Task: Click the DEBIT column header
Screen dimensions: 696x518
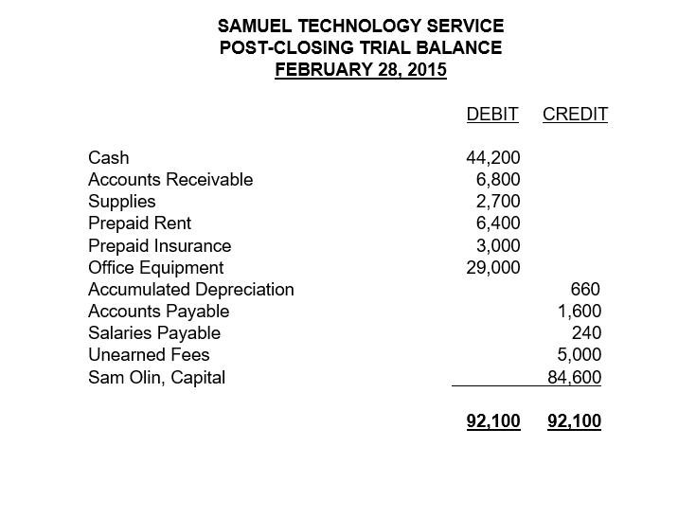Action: (492, 116)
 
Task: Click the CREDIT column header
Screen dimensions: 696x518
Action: (575, 116)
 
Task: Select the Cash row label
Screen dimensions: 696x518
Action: (108, 157)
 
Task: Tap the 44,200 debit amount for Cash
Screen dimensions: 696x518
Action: (493, 157)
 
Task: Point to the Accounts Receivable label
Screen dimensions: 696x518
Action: (170, 179)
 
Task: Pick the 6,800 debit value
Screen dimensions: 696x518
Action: (498, 179)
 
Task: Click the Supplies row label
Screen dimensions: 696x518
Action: (121, 201)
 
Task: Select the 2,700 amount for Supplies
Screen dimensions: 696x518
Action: (498, 201)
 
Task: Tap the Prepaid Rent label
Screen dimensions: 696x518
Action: (139, 223)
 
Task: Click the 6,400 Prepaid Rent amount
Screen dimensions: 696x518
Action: (498, 223)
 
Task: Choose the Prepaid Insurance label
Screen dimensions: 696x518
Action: (159, 245)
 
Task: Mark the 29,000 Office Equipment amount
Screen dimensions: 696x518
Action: (493, 267)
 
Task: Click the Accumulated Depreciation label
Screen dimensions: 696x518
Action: (190, 289)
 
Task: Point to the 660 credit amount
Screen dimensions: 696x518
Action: (585, 289)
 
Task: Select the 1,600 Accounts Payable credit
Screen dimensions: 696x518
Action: (580, 311)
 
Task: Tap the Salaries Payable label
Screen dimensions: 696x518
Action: (153, 332)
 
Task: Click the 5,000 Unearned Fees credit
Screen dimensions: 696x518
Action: (580, 355)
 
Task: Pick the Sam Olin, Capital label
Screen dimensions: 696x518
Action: (156, 378)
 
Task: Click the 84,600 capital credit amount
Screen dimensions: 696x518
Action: (575, 378)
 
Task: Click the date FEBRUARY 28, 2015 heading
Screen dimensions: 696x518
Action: (361, 69)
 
